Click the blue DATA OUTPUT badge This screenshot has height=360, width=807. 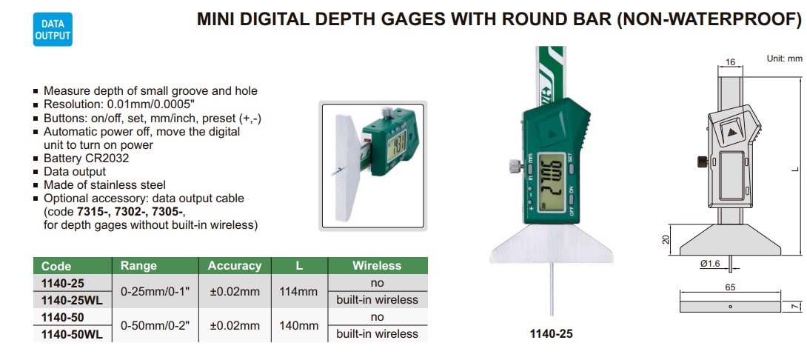point(53,30)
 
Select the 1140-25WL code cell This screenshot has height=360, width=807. point(73,300)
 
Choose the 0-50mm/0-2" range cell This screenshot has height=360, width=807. point(155,325)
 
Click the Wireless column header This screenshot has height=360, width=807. point(378,266)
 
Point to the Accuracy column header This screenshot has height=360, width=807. point(235,266)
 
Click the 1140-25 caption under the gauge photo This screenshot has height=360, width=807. point(552,334)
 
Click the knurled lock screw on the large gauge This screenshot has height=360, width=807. point(514,167)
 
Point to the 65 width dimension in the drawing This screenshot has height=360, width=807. point(730,287)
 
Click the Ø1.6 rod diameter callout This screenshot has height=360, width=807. point(710,263)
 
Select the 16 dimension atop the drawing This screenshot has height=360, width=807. point(730,62)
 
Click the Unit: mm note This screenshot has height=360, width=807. point(784,59)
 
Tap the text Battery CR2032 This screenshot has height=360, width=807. point(86,158)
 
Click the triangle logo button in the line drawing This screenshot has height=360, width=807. point(731,132)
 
